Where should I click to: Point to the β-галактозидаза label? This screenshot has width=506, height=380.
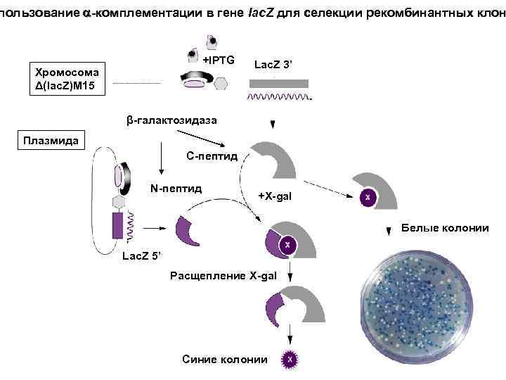coord(171,121)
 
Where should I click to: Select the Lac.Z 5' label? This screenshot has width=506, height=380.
coord(142,255)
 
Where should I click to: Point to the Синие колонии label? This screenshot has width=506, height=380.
coord(224,360)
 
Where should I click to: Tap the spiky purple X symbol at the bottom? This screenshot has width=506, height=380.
coord(289,360)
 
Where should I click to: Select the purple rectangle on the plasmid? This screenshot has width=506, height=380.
coord(117,226)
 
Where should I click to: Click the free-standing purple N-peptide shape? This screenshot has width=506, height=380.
coord(184,232)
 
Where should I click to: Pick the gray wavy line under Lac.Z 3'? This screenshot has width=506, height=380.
coord(279,96)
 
